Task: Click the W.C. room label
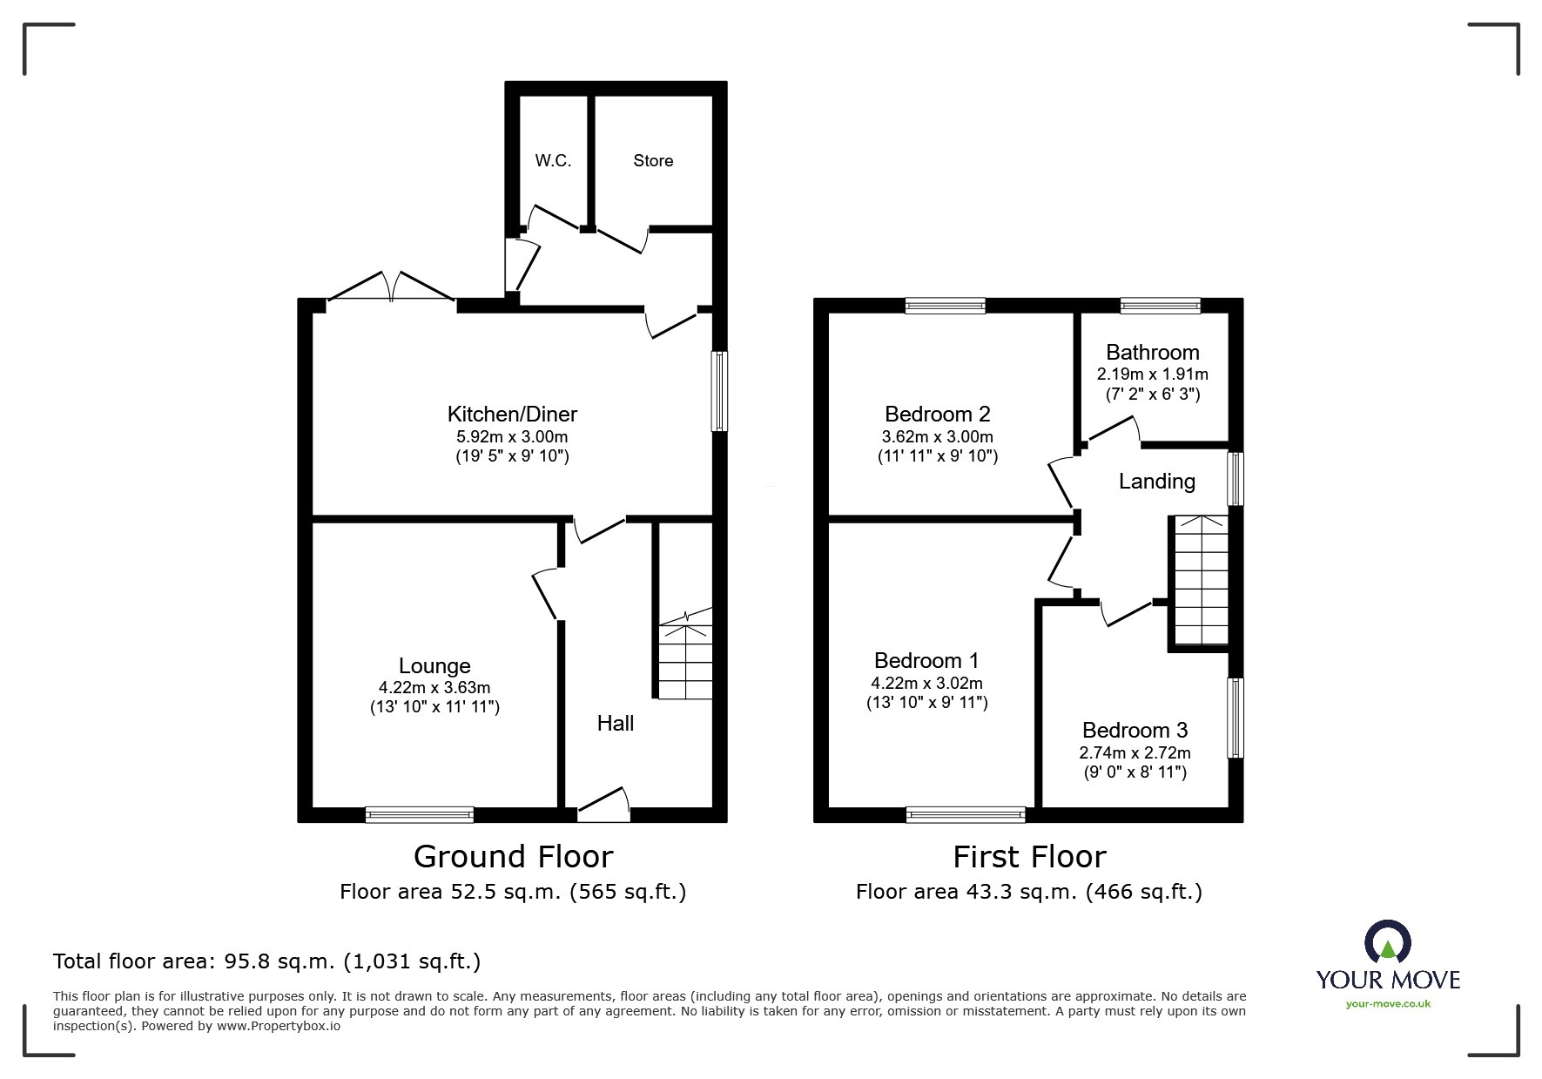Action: [x=553, y=161]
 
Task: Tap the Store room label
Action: [x=653, y=161]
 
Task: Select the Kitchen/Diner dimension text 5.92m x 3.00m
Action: [x=512, y=437]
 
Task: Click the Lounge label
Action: [x=434, y=666]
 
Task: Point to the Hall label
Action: [x=615, y=724]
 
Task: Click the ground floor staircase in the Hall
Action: [x=685, y=658]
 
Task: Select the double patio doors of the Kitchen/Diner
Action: [x=391, y=289]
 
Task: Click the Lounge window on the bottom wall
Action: [x=419, y=815]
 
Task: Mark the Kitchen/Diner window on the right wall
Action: [x=719, y=391]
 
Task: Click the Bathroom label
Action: [x=1152, y=353]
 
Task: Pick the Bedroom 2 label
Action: [x=937, y=415]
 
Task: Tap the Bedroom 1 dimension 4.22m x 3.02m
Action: [x=926, y=684]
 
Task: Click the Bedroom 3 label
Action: [x=1135, y=731]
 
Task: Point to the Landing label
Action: [x=1156, y=482]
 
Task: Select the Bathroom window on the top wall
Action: [x=1160, y=306]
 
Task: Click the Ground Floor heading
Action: [x=513, y=857]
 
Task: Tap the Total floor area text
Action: [x=266, y=961]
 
